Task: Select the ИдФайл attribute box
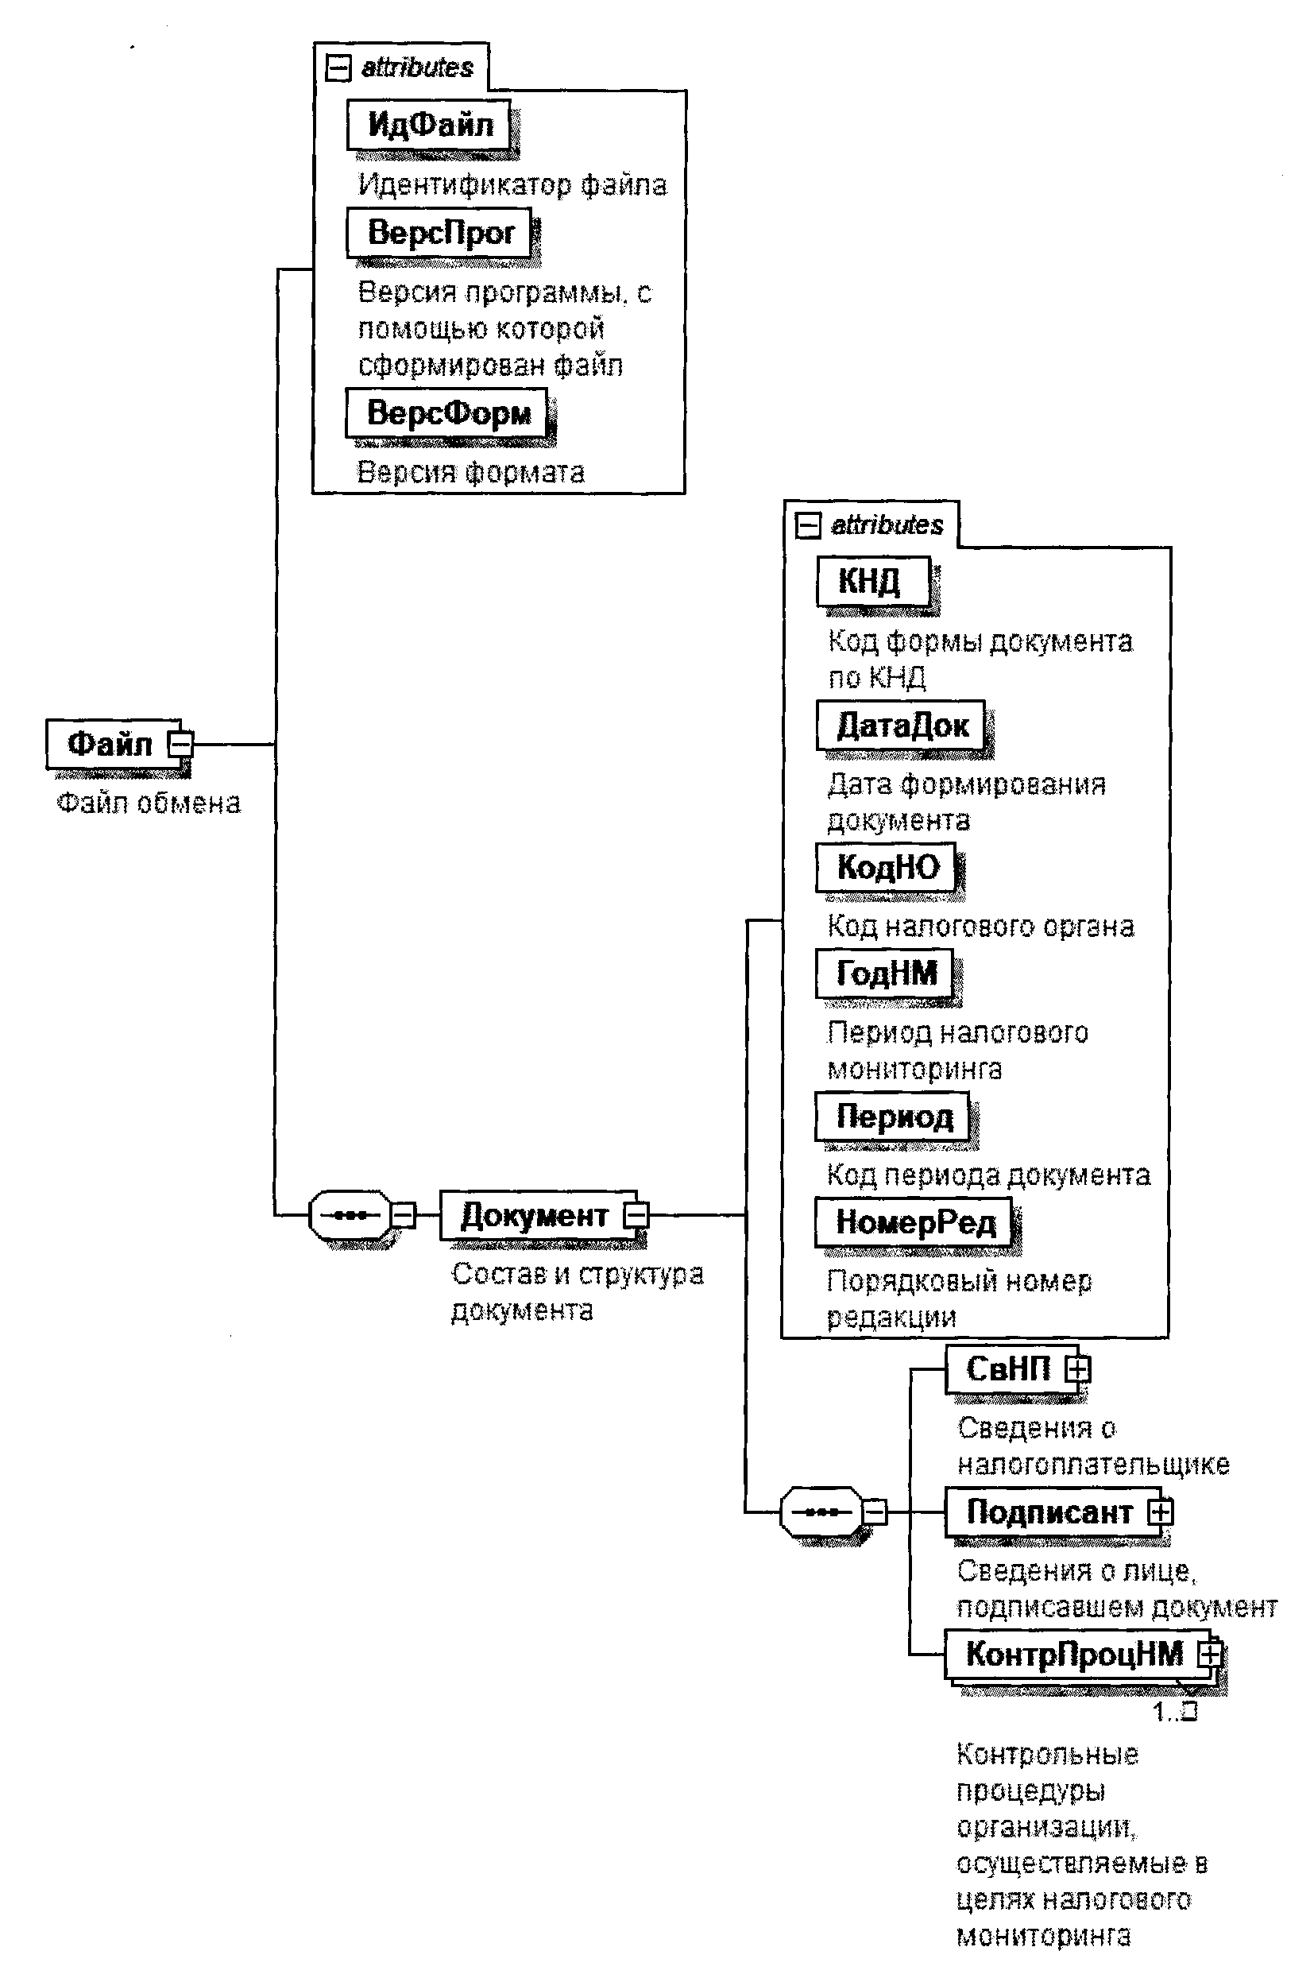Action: click(429, 125)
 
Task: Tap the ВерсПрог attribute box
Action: click(440, 232)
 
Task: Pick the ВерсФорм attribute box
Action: click(446, 412)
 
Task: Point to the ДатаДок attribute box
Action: click(902, 725)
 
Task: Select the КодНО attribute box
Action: click(887, 867)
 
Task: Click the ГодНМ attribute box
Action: click(886, 973)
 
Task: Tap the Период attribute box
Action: click(893, 1117)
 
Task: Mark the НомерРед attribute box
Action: click(914, 1223)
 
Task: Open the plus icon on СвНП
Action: click(1079, 1368)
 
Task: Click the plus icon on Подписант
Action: click(1161, 1512)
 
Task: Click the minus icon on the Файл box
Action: click(180, 743)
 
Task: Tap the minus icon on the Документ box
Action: click(636, 1214)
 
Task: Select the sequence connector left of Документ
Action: click(350, 1214)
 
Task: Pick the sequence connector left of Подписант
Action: click(821, 1512)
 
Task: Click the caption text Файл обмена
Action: click(149, 803)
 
